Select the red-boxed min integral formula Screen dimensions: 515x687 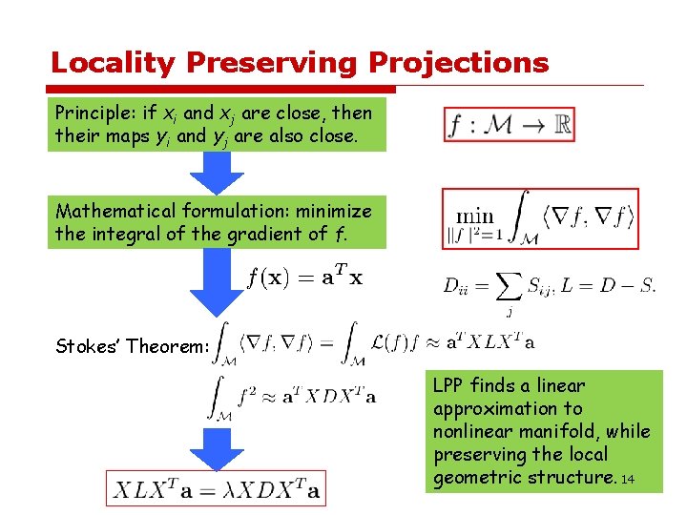coord(540,219)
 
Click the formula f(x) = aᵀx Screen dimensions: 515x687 coord(304,278)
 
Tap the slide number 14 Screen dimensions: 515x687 coord(627,480)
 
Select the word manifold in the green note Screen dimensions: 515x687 coord(565,431)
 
